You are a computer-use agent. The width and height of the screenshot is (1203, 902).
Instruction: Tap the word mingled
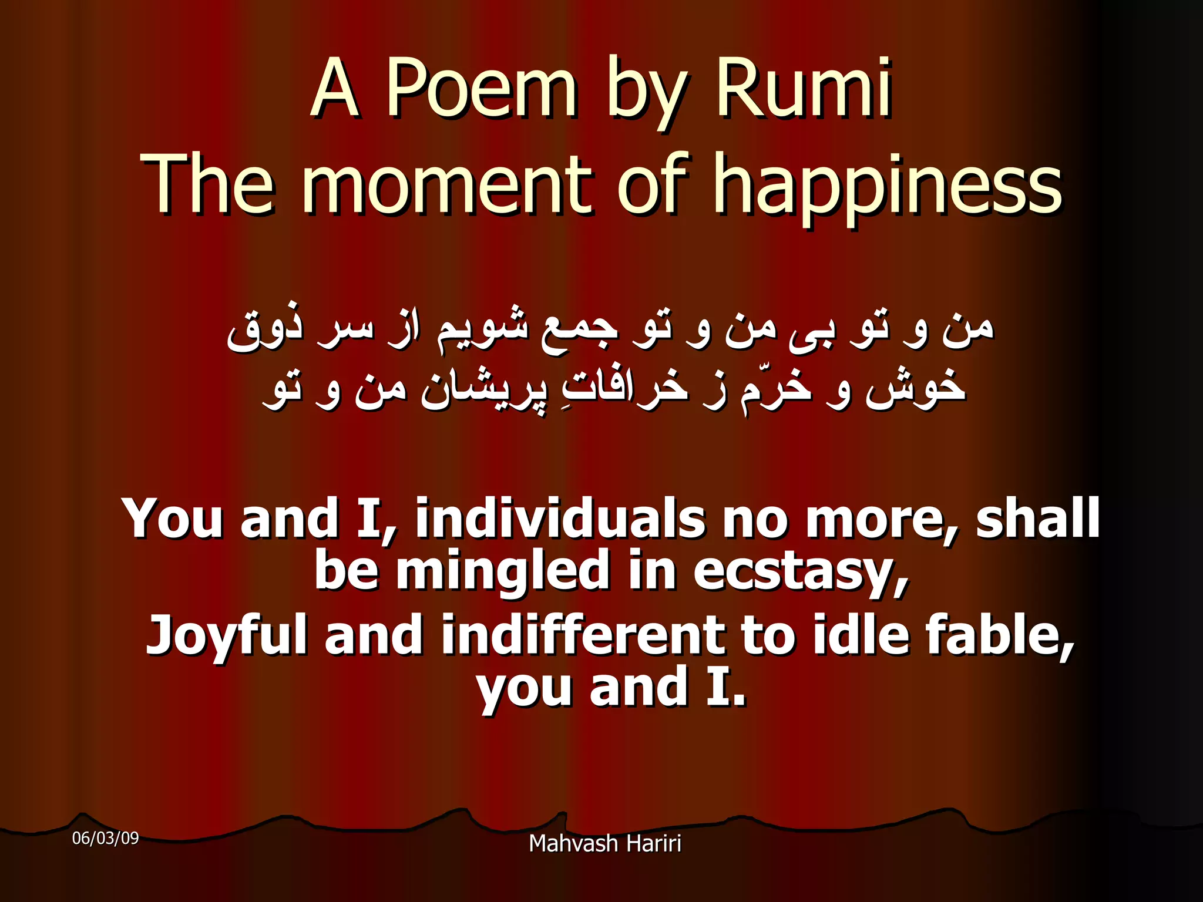[503, 571]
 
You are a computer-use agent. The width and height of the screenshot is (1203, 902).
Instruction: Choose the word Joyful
[227, 635]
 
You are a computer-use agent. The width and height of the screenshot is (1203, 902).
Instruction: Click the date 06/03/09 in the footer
[105, 838]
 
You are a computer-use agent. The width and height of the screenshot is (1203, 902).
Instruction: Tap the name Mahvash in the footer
[573, 844]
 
